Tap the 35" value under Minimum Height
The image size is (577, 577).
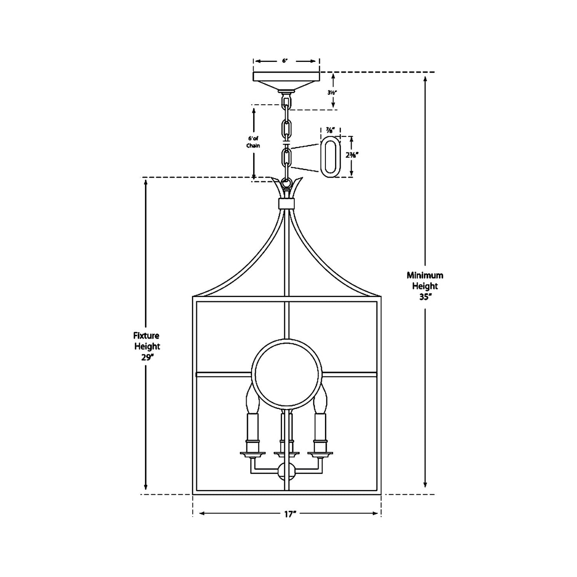(425, 297)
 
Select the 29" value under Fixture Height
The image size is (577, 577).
(147, 357)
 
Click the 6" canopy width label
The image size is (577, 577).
(285, 61)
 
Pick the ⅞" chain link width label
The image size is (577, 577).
(330, 130)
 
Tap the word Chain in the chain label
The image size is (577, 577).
(253, 146)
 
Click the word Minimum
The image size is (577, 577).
(425, 275)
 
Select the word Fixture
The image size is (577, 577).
(147, 336)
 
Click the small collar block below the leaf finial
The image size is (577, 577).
(286, 204)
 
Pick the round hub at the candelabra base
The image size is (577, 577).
(286, 472)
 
